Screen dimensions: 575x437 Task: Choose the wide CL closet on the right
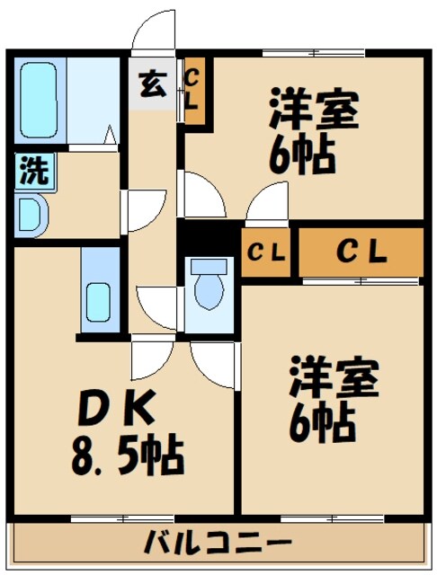point(361,252)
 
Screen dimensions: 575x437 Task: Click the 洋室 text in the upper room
point(314,113)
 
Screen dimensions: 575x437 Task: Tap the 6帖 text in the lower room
point(321,420)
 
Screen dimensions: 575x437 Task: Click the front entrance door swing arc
point(151,31)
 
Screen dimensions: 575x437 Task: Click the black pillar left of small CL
point(208,237)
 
